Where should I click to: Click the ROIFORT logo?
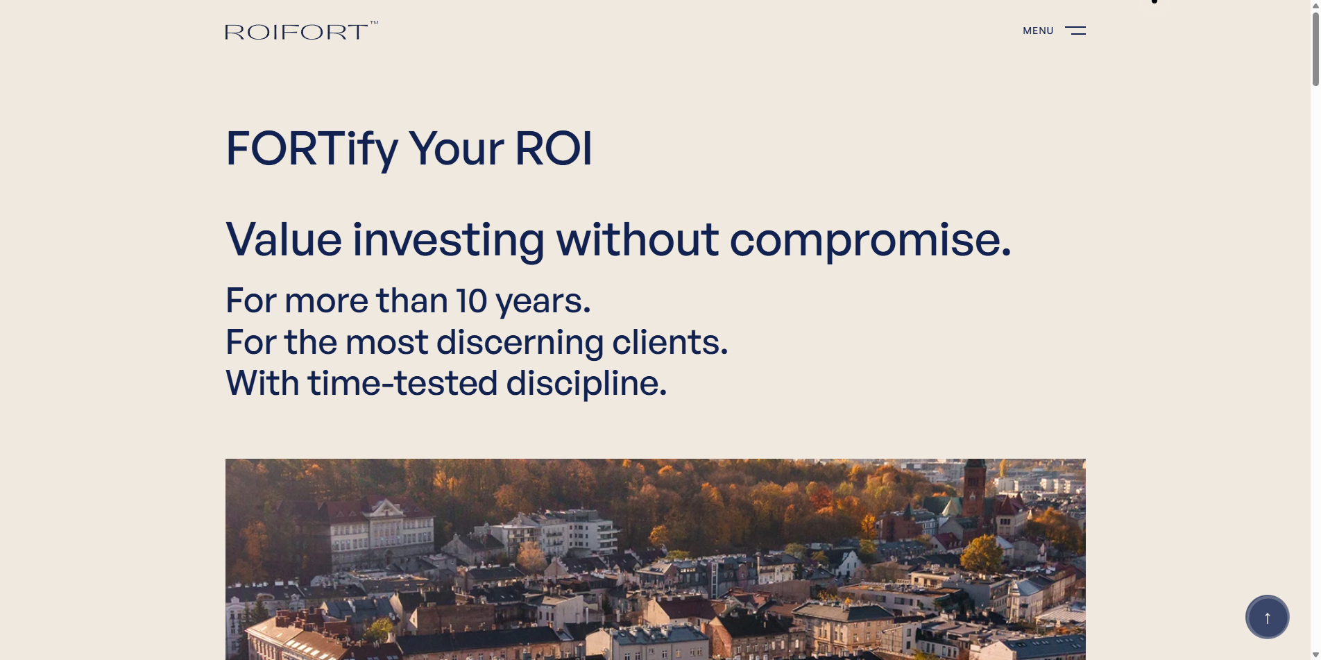[x=296, y=32]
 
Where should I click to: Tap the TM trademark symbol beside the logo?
[x=374, y=23]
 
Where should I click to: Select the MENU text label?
[x=1038, y=31]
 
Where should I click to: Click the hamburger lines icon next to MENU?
[x=1075, y=31]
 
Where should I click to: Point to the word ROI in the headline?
[x=554, y=149]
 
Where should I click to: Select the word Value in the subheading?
[x=284, y=239]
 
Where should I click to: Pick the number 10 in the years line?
[x=471, y=301]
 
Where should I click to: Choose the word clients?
[x=670, y=342]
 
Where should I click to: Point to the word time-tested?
[x=403, y=383]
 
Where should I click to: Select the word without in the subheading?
[x=637, y=239]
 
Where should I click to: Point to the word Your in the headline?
[x=457, y=149]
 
